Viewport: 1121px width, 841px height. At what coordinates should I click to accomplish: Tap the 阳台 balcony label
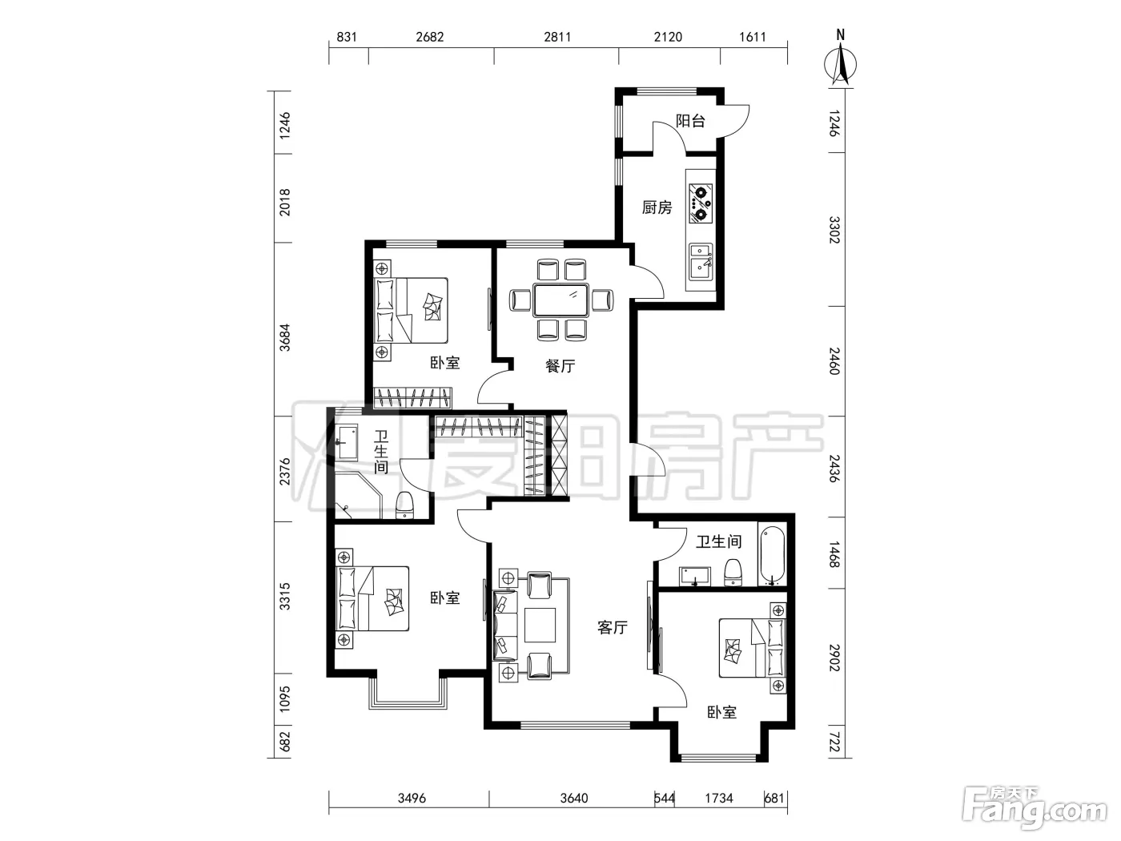tap(690, 121)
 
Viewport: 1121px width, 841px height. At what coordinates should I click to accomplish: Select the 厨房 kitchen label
tap(657, 207)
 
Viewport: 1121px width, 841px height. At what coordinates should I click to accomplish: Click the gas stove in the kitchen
tap(701, 203)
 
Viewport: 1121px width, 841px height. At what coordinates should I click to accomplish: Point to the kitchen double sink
tap(701, 262)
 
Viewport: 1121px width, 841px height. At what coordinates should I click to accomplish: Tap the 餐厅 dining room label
tap(560, 365)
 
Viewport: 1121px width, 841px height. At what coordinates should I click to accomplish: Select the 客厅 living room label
tap(613, 627)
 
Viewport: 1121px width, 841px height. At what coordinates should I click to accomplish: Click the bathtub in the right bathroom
tap(772, 556)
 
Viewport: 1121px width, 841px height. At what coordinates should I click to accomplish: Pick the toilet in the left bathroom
tap(405, 505)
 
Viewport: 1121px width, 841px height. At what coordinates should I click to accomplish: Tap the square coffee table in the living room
tap(540, 625)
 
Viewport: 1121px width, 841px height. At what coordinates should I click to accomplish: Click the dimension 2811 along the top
tap(557, 37)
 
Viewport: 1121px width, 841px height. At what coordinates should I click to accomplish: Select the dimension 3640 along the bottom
tap(574, 798)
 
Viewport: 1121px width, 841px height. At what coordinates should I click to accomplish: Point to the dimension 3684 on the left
tap(284, 337)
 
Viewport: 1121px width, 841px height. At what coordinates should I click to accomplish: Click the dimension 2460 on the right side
tap(834, 361)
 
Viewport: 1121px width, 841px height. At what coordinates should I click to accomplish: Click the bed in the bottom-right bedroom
tap(752, 648)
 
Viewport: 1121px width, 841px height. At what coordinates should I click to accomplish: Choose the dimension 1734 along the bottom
tap(719, 798)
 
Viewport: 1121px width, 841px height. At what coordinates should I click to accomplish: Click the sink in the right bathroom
tap(694, 575)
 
